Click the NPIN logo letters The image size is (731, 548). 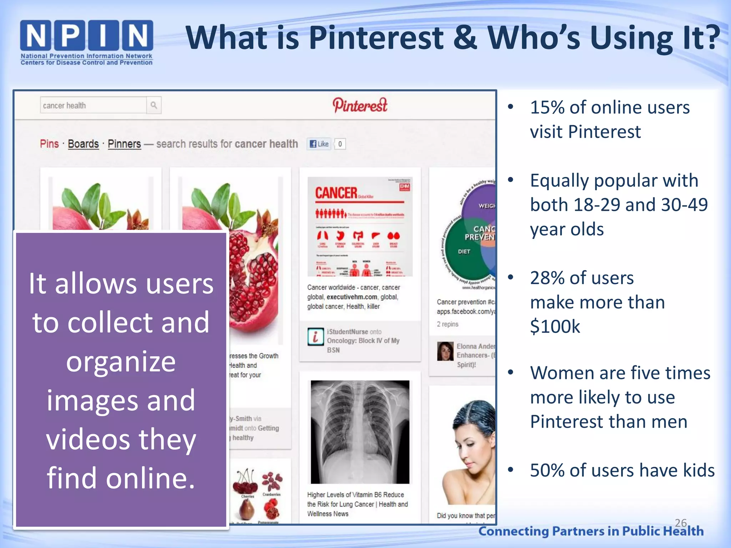(87, 35)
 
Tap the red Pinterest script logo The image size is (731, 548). (360, 105)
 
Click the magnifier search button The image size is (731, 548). (154, 105)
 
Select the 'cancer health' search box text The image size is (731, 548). (65, 106)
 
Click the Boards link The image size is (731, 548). (83, 144)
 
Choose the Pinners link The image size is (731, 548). (124, 144)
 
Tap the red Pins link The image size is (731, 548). (49, 144)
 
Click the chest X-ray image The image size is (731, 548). (360, 432)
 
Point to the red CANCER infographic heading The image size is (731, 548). (336, 193)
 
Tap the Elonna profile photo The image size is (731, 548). (445, 351)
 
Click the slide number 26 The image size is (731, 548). (681, 523)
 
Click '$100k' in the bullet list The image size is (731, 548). (555, 326)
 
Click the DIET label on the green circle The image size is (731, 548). (464, 252)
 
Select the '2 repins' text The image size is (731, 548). (448, 324)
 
